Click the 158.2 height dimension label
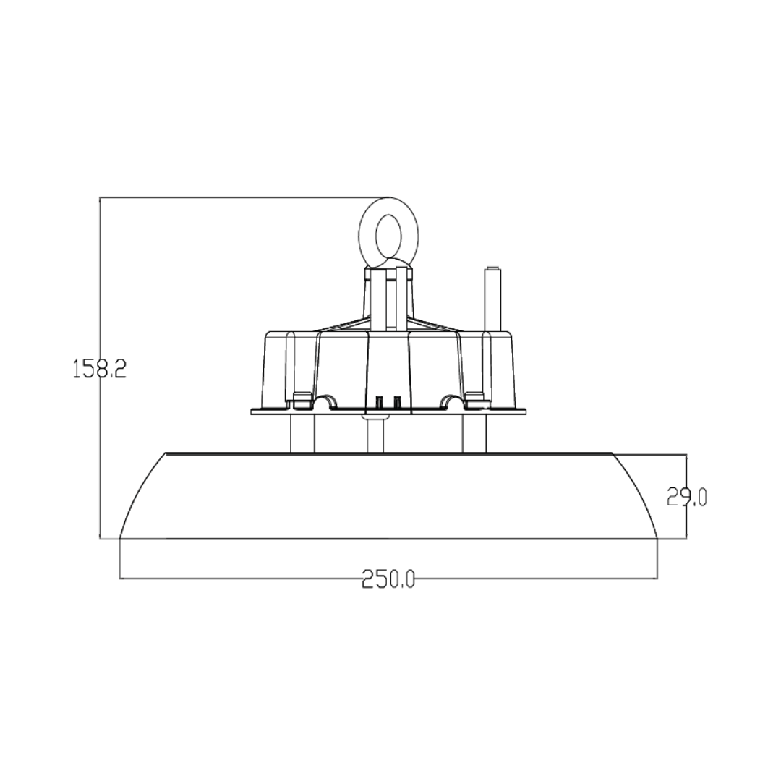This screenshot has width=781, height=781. point(100,369)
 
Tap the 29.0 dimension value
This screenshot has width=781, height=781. point(686,497)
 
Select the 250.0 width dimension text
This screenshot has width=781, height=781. point(388,579)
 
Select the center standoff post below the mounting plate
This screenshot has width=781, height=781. point(374,435)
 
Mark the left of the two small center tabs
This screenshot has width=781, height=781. point(379,401)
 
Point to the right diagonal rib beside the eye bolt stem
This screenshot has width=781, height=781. point(437,324)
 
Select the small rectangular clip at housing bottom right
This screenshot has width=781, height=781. point(475,396)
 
